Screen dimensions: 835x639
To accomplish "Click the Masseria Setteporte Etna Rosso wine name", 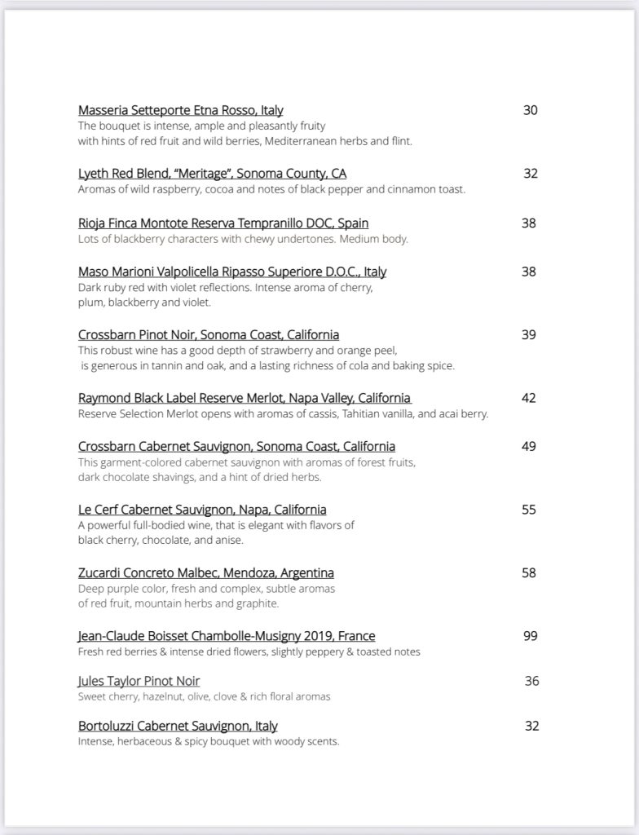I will tap(180, 110).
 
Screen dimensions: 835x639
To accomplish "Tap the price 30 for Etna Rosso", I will tap(531, 110).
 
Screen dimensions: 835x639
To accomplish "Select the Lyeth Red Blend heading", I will tap(212, 174).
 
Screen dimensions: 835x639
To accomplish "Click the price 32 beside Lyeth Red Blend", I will tap(531, 174).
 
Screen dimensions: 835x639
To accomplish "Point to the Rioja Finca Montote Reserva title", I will tap(223, 223).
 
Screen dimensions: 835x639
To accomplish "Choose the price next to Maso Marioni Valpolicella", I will tap(529, 271).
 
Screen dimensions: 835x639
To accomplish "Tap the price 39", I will tap(529, 334).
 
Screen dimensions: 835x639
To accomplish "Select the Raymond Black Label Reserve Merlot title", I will tap(245, 398).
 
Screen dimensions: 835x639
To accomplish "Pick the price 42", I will tap(529, 398).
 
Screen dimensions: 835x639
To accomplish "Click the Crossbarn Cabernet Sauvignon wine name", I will tap(236, 446).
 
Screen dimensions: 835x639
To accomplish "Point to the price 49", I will tap(529, 446).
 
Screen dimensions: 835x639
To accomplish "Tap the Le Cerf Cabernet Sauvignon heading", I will tap(202, 510).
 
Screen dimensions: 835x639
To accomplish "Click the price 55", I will tap(529, 510).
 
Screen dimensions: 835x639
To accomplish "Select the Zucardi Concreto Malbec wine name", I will tap(205, 573).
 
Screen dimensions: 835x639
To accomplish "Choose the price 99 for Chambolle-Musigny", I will tap(531, 636).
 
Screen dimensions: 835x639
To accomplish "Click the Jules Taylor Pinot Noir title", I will tap(139, 681).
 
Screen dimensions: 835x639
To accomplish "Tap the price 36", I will tap(531, 681).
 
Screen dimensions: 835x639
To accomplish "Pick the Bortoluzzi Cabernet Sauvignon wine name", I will tap(178, 726).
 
